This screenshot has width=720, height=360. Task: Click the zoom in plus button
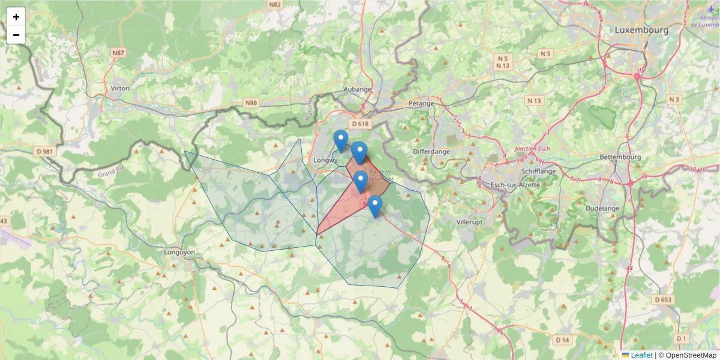point(16,17)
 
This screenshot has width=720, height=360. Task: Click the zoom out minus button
point(16,35)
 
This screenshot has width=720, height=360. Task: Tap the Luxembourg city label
point(641,29)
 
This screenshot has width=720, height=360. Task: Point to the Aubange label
point(358,89)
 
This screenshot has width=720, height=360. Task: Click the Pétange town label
point(421,103)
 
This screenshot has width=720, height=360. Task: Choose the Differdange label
point(431,152)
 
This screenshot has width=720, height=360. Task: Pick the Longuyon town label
point(179,253)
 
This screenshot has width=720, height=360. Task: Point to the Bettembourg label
point(620,157)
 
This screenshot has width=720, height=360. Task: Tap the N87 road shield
point(118,53)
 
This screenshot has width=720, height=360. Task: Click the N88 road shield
point(251,103)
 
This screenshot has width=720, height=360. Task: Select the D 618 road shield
point(360,124)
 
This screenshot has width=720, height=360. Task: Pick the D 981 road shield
point(45,152)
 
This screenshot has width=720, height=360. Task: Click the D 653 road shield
point(663,299)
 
